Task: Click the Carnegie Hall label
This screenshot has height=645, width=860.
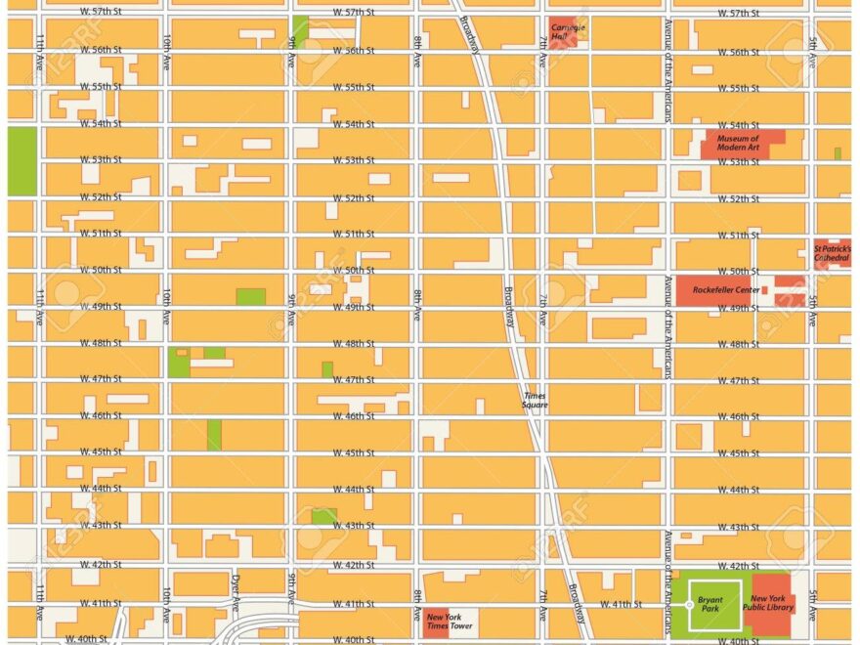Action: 568,31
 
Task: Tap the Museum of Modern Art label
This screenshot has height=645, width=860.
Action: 738,144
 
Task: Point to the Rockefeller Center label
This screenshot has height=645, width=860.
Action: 725,290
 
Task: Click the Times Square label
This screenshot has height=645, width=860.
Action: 535,401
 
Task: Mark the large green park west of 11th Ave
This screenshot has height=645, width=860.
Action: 21,161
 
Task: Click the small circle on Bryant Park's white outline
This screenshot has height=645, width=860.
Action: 690,605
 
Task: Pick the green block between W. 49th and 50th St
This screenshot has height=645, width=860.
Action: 250,296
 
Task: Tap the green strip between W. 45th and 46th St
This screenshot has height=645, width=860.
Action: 214,435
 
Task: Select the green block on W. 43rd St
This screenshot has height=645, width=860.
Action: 323,515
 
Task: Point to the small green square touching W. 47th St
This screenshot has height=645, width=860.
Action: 326,369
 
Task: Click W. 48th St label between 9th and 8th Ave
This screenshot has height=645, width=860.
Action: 354,344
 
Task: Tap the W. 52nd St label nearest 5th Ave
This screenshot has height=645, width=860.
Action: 739,198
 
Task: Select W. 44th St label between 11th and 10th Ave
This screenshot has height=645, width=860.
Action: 101,489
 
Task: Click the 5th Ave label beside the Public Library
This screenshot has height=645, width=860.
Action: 813,603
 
